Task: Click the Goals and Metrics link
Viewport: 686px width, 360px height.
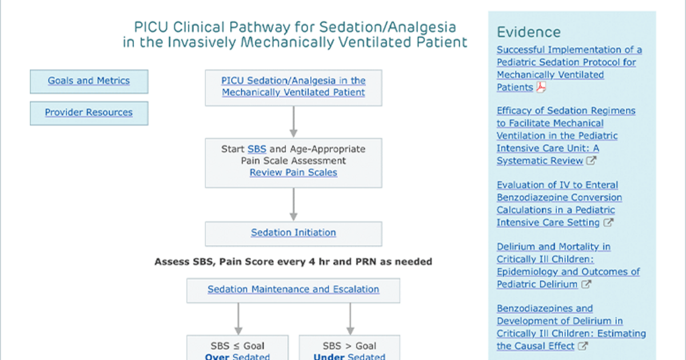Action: (89, 81)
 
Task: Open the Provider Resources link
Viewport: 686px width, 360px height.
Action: (89, 113)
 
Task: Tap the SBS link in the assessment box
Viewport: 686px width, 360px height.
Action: (257, 149)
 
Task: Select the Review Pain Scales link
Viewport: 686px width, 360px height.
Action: (293, 173)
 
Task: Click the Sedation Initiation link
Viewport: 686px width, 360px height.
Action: (293, 233)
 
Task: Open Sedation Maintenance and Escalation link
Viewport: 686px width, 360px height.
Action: (293, 289)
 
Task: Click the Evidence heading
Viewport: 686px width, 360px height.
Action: (529, 32)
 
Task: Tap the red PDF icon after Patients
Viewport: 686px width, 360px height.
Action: (541, 87)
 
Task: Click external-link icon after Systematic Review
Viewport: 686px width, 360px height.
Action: (591, 161)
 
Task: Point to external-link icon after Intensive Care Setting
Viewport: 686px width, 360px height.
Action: (608, 222)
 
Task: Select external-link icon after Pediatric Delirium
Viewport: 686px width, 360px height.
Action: (586, 284)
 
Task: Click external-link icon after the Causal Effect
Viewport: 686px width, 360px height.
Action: (583, 346)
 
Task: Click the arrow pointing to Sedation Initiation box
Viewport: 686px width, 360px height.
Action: (293, 204)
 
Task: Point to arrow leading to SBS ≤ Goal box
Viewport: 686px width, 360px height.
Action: (238, 319)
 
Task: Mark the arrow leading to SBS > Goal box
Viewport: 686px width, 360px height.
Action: (350, 319)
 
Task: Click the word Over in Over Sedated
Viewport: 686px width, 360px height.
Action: (217, 357)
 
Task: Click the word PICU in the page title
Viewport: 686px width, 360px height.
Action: (151, 27)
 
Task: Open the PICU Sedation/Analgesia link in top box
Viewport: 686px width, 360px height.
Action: (293, 86)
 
